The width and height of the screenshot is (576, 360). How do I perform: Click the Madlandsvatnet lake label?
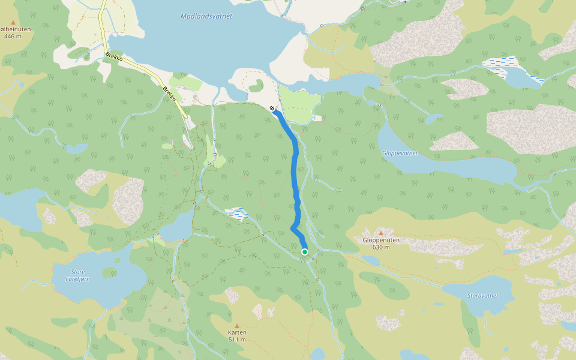(206, 16)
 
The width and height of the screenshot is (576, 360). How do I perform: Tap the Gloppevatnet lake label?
(400, 153)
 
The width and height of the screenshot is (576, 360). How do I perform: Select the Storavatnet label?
(482, 296)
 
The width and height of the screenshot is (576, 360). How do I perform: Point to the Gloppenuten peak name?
(381, 240)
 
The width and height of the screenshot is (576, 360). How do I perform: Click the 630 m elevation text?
(381, 247)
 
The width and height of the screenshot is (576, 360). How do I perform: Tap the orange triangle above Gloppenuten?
(381, 232)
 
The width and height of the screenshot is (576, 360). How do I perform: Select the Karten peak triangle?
(236, 325)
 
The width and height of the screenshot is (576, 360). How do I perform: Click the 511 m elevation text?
(238, 340)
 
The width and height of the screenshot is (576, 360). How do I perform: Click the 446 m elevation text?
(13, 37)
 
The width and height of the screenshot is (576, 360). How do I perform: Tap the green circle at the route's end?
(305, 252)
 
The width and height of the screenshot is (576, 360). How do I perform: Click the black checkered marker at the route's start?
(273, 108)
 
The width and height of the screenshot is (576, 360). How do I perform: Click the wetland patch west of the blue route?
(237, 212)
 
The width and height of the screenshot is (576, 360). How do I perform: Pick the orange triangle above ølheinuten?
(13, 22)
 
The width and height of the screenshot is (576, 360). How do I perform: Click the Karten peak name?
(238, 332)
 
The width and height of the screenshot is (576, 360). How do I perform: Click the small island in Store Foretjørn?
(109, 272)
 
